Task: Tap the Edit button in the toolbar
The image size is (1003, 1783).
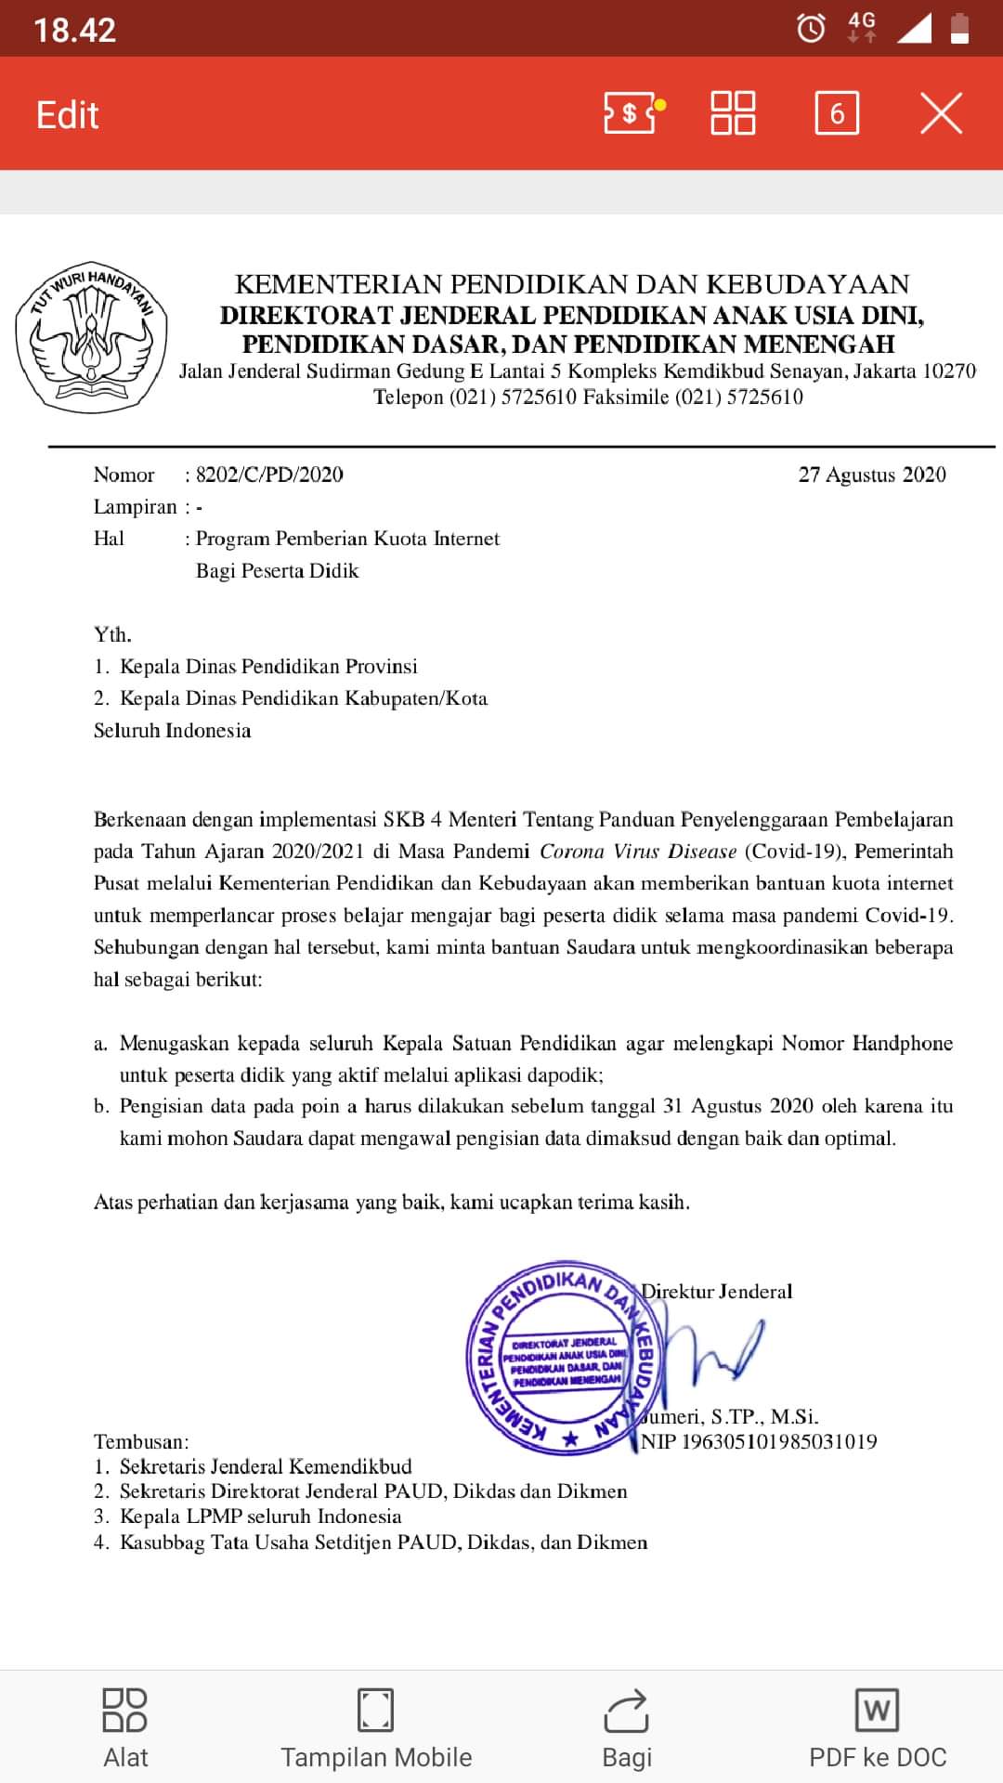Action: click(x=67, y=115)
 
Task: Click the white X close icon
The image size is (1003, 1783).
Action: click(x=941, y=113)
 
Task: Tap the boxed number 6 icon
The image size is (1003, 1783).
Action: click(x=837, y=113)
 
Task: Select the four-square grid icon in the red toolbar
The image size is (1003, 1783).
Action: click(x=733, y=113)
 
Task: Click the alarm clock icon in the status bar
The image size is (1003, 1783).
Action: click(x=811, y=29)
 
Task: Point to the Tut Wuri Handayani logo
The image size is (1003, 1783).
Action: click(x=91, y=336)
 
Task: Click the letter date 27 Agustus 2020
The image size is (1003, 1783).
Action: click(x=871, y=475)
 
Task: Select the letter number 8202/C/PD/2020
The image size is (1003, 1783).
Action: click(x=269, y=475)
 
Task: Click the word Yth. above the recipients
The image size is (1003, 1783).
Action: click(x=112, y=634)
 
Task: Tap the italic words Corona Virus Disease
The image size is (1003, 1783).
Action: click(x=638, y=852)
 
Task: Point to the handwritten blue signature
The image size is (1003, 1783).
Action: click(x=720, y=1351)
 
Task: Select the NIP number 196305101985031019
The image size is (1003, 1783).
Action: click(x=778, y=1442)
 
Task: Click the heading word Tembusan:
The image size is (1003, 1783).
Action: click(x=141, y=1442)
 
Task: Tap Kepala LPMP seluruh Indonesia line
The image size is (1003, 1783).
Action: click(x=260, y=1516)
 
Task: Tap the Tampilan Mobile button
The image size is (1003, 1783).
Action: click(x=376, y=1727)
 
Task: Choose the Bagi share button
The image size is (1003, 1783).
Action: click(x=627, y=1727)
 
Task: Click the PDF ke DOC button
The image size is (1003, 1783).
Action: click(x=877, y=1727)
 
